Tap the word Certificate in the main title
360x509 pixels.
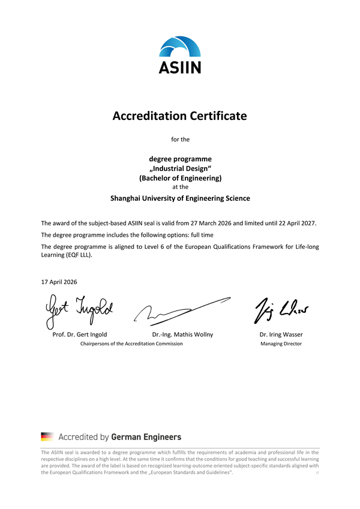tap(217, 116)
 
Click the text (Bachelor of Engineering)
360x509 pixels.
tap(180, 178)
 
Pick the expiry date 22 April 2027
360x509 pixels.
tap(291, 223)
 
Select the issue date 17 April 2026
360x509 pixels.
tap(59, 282)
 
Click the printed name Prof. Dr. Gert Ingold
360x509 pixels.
tap(80, 334)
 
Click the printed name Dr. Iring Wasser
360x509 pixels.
tap(281, 334)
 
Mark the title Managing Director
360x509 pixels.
tap(281, 344)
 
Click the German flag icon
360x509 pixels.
tap(47, 436)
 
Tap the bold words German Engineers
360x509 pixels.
tap(146, 436)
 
